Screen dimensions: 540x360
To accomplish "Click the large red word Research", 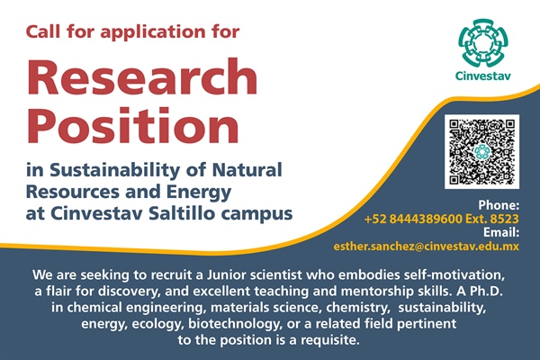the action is click(142, 76).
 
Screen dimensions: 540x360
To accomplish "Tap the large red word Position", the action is click(132, 125).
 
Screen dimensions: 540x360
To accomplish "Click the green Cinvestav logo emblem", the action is click(482, 43).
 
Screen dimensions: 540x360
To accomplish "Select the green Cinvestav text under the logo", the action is click(482, 76).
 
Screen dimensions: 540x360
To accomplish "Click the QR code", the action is click(481, 151).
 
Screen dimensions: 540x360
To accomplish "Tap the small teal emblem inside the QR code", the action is click(481, 151).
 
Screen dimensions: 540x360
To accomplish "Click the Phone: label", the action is click(499, 205).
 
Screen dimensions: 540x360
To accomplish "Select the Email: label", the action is click(501, 232).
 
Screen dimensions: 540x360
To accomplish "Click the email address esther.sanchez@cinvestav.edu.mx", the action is click(426, 247).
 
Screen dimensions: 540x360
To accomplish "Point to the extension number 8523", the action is click(505, 219).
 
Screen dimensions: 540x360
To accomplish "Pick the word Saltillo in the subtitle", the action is click(182, 213).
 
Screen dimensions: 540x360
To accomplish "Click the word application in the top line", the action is click(153, 32).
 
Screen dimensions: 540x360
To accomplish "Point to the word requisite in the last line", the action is click(330, 341).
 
